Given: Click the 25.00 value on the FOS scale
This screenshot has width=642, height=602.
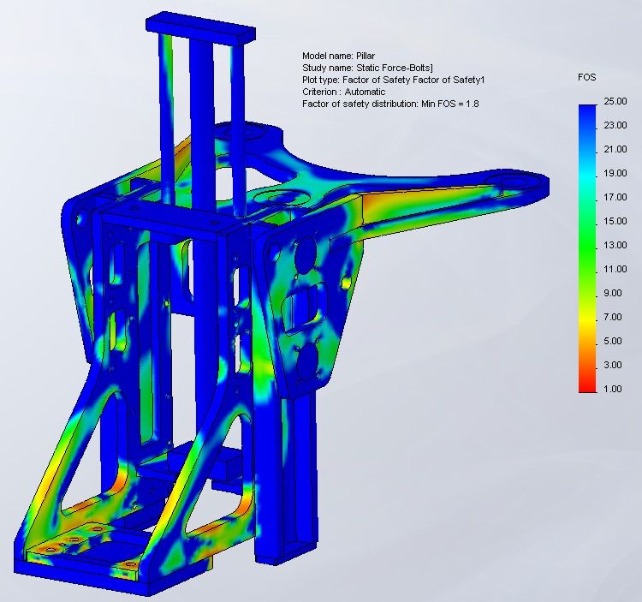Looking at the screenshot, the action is (x=615, y=101).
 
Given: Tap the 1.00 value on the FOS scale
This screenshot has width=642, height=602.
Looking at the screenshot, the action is (x=613, y=389).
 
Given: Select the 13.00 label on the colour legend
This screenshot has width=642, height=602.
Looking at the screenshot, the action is (x=615, y=245).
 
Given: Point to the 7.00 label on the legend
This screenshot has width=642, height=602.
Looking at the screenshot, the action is (x=613, y=317).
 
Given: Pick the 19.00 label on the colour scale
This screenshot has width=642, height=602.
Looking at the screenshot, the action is (x=615, y=173).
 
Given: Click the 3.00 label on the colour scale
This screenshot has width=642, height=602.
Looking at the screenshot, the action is (x=613, y=365).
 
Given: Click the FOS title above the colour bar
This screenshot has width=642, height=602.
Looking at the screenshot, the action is (x=586, y=77).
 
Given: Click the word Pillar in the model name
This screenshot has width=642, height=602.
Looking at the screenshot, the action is (x=366, y=56).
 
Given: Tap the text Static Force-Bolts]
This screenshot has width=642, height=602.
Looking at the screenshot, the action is (x=395, y=68).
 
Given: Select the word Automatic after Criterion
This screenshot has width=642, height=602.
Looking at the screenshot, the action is (x=365, y=92).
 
